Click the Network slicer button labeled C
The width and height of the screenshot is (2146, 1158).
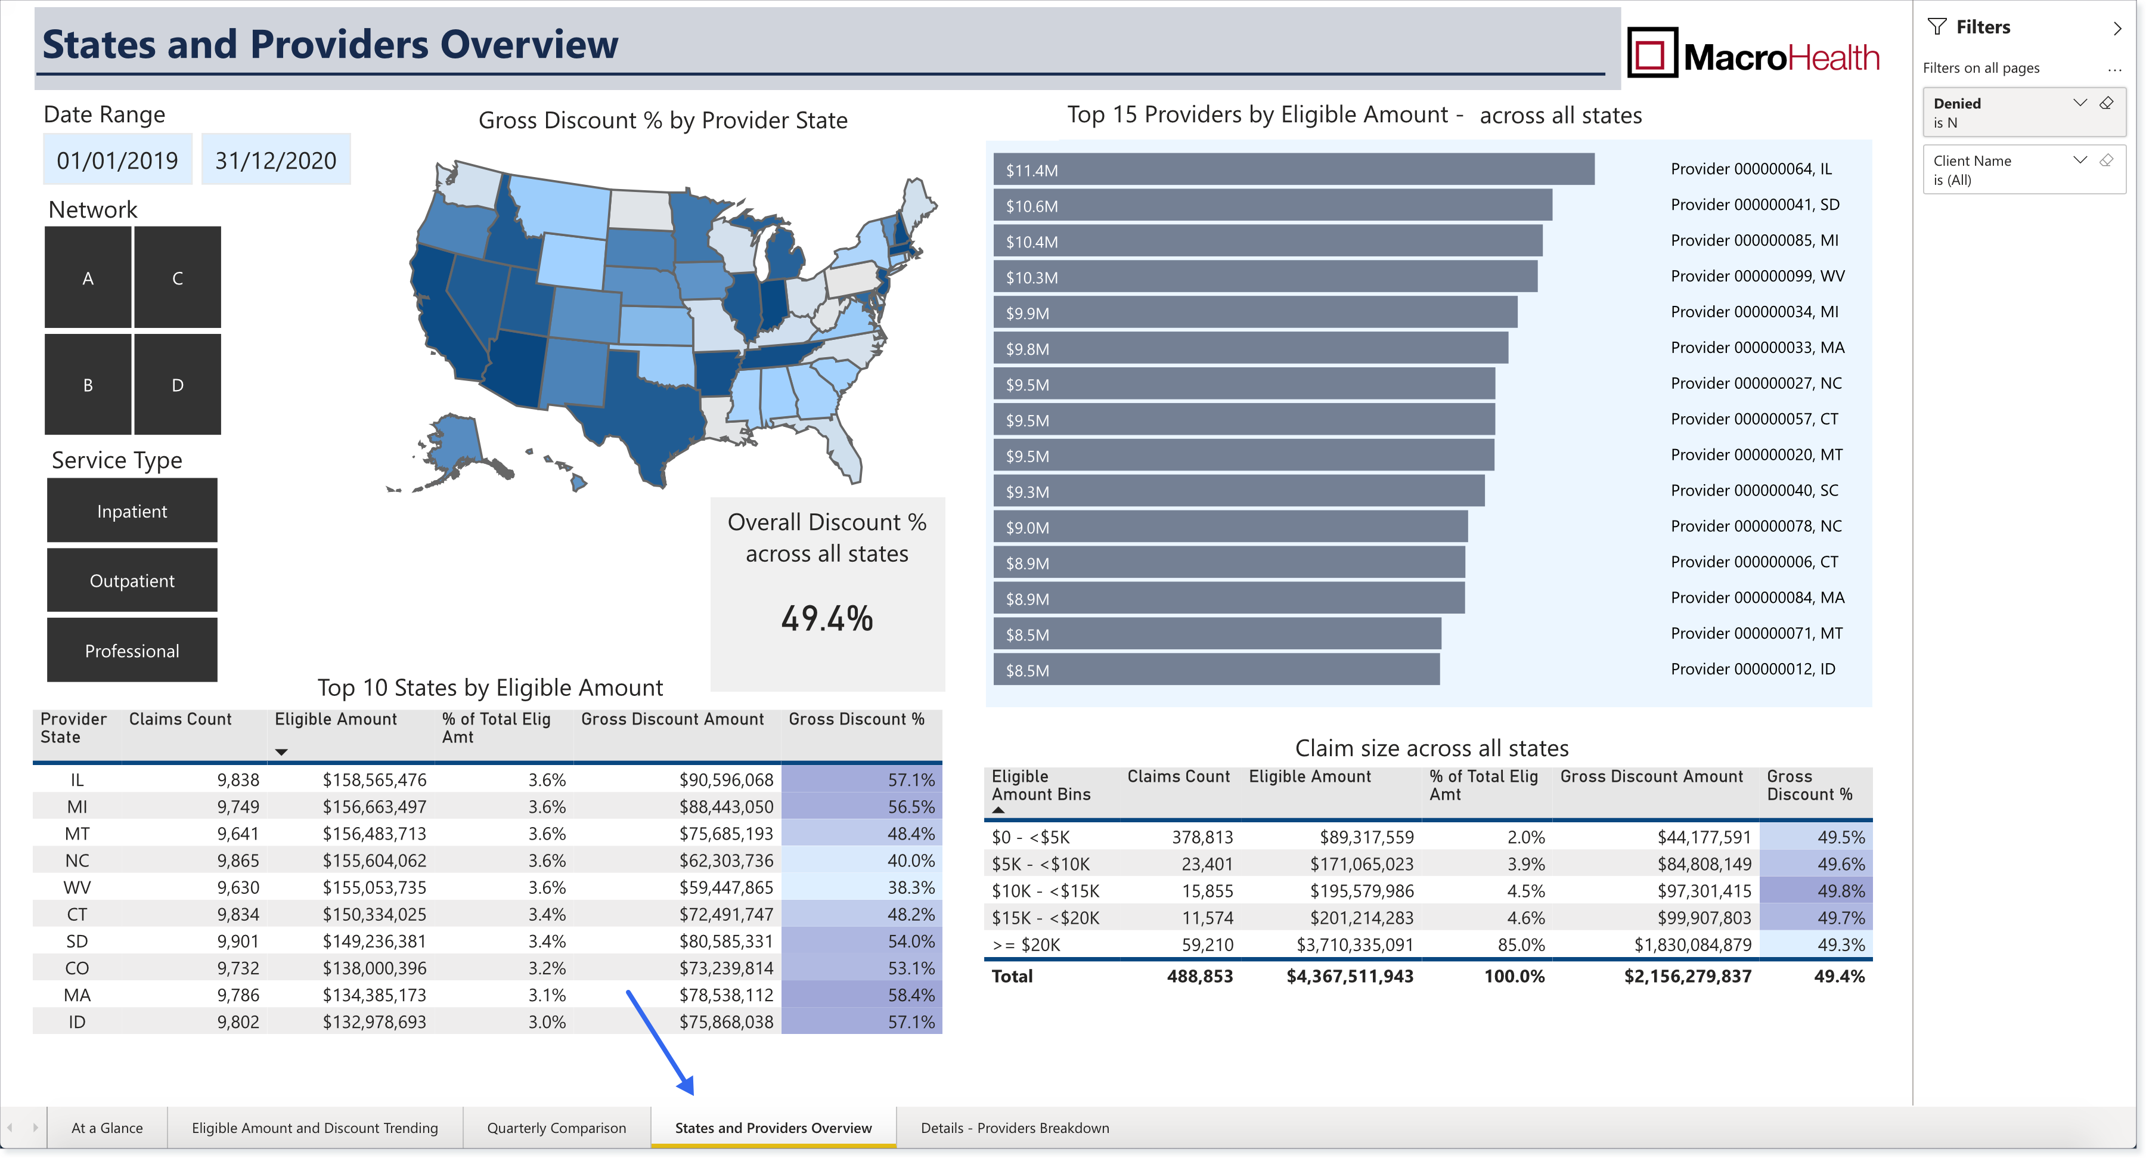(x=178, y=277)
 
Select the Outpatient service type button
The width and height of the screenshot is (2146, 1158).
(x=132, y=581)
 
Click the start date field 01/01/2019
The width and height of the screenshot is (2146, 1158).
(x=117, y=160)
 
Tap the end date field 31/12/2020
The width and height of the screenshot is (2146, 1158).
(x=276, y=160)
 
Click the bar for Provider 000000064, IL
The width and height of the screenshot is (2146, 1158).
(x=1293, y=169)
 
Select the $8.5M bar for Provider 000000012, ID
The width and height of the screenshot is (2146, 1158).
(x=1216, y=670)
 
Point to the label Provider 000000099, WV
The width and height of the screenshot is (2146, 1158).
(x=1758, y=275)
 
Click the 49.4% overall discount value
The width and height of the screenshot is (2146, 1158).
(x=827, y=619)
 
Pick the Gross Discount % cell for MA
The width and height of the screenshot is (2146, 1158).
(x=861, y=995)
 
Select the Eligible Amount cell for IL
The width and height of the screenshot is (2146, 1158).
(x=375, y=780)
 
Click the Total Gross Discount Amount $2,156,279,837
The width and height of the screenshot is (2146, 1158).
(x=1688, y=976)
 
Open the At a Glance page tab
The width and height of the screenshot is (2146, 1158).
(x=107, y=1128)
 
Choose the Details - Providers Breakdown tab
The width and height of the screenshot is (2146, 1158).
(x=1015, y=1128)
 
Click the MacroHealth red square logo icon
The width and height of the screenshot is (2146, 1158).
(x=1651, y=52)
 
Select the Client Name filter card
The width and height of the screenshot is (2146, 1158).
(x=2024, y=170)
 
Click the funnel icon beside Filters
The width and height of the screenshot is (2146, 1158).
(x=1937, y=27)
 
